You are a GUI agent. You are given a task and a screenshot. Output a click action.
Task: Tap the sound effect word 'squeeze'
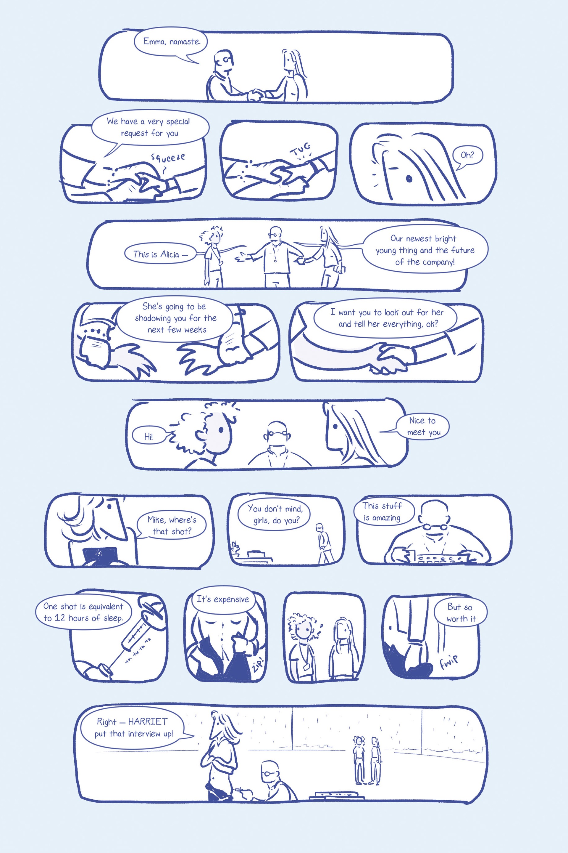tap(168, 157)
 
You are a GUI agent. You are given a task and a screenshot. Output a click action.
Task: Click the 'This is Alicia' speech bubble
tap(159, 254)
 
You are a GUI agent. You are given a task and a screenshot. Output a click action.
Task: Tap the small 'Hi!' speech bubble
tap(149, 436)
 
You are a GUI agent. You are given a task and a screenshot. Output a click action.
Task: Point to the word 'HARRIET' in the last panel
tap(148, 722)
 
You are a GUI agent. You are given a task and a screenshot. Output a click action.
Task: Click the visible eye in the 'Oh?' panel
tap(409, 178)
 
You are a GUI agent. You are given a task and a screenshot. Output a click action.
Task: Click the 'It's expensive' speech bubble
tap(223, 599)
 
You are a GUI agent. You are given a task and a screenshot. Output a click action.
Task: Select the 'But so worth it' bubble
tap(460, 613)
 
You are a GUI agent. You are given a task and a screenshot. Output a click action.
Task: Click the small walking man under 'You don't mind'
tap(324, 543)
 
